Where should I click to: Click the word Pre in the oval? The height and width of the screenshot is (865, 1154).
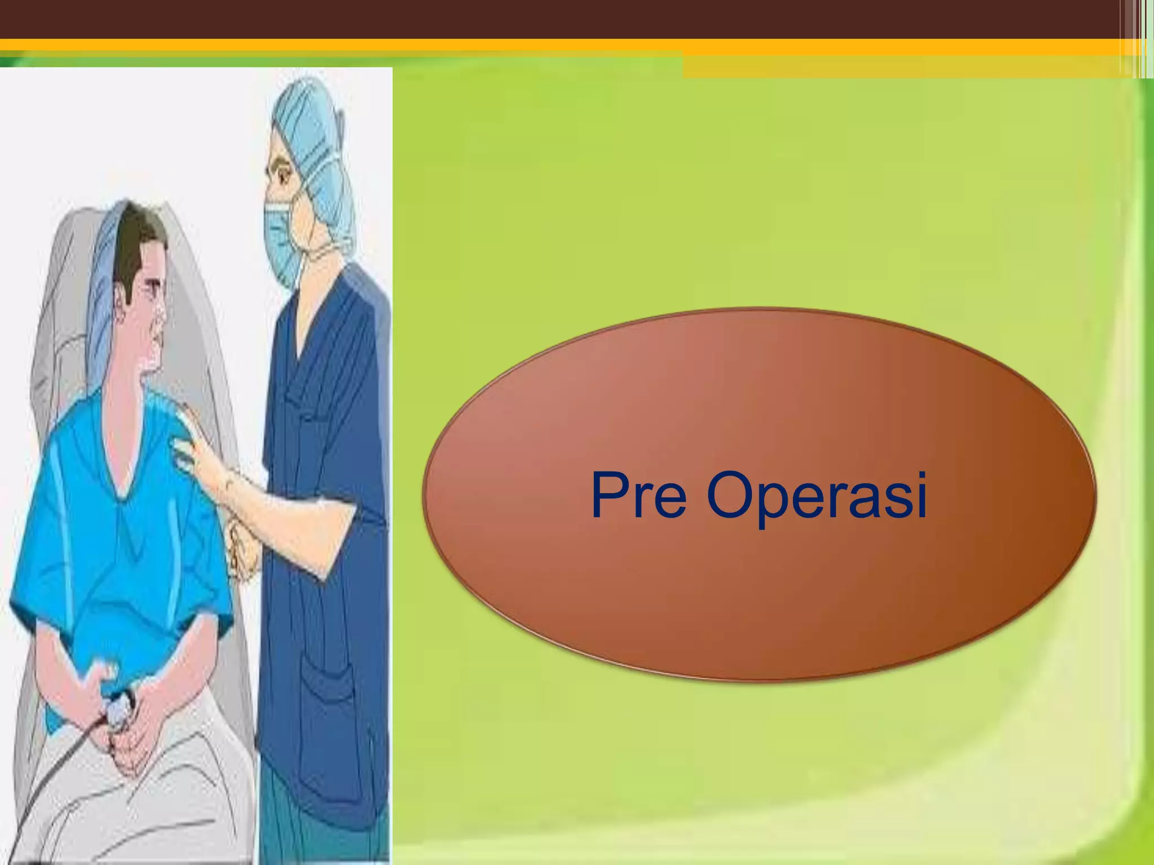(x=638, y=496)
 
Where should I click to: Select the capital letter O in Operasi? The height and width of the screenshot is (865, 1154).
(x=730, y=496)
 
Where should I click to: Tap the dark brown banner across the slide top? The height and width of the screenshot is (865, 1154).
(x=563, y=18)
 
